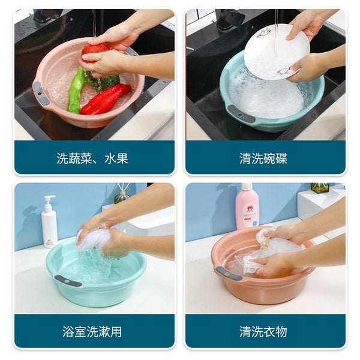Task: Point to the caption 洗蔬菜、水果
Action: [92, 159]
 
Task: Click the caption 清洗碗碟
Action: [263, 159]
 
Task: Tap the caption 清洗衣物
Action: [263, 331]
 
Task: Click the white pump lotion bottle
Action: [49, 222]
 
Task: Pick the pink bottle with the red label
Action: [247, 207]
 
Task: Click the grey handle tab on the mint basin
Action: [67, 280]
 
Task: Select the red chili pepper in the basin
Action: [106, 99]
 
